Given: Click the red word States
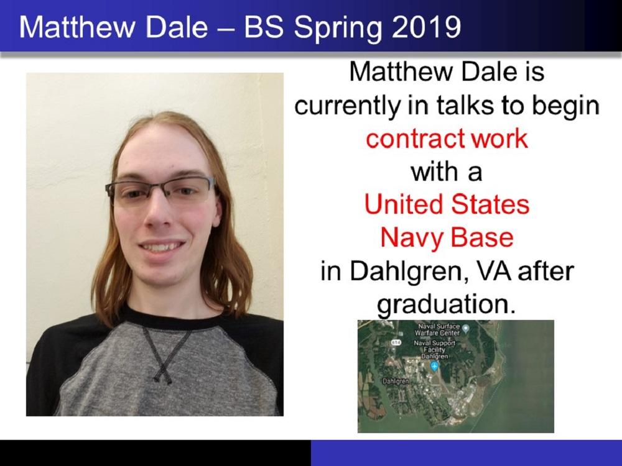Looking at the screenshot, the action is (490, 204).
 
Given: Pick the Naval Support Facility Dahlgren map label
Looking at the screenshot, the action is (434, 349).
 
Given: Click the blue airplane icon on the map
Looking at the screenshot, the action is (435, 367).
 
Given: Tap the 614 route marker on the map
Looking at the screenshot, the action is (396, 342).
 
